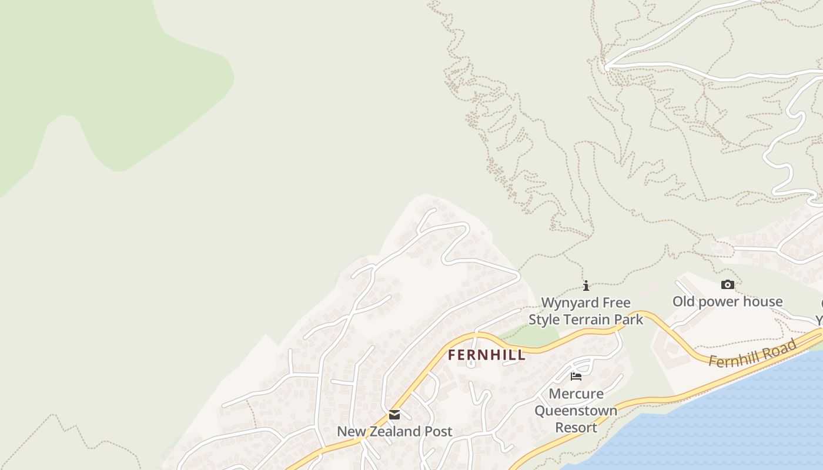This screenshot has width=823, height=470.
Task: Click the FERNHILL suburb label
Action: point(487,355)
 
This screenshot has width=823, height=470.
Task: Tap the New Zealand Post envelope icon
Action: point(394,415)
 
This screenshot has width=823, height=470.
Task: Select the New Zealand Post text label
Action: point(394,431)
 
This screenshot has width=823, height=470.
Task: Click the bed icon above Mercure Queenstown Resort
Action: point(576,376)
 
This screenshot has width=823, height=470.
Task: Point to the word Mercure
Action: point(576,394)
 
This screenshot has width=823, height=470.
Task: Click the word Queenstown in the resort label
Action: point(576,410)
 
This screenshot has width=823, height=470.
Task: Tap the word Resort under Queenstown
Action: point(576,427)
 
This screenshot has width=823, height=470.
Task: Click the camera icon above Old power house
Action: point(728,285)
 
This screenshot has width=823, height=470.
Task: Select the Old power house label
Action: point(728,301)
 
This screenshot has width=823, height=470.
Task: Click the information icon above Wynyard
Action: point(586,286)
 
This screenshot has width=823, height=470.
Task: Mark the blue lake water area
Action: point(735,423)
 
